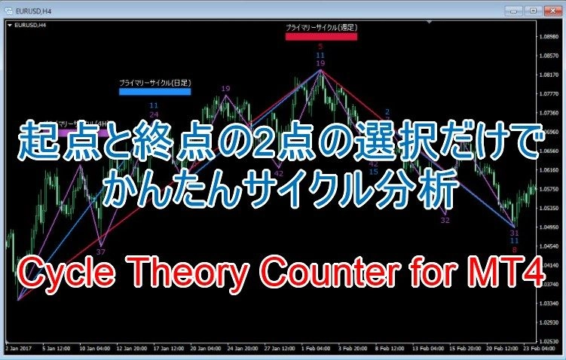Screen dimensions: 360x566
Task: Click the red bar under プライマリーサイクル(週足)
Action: (321, 35)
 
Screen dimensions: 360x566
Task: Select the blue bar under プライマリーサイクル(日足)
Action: (155, 92)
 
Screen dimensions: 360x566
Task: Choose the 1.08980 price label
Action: (551, 36)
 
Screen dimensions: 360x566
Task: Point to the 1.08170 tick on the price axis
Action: (551, 75)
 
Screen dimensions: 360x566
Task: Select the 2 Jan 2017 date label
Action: (17, 349)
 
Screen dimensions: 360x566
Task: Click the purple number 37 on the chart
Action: (101, 252)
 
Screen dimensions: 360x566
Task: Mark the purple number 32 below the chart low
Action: (445, 221)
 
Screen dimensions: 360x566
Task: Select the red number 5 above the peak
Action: (320, 47)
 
